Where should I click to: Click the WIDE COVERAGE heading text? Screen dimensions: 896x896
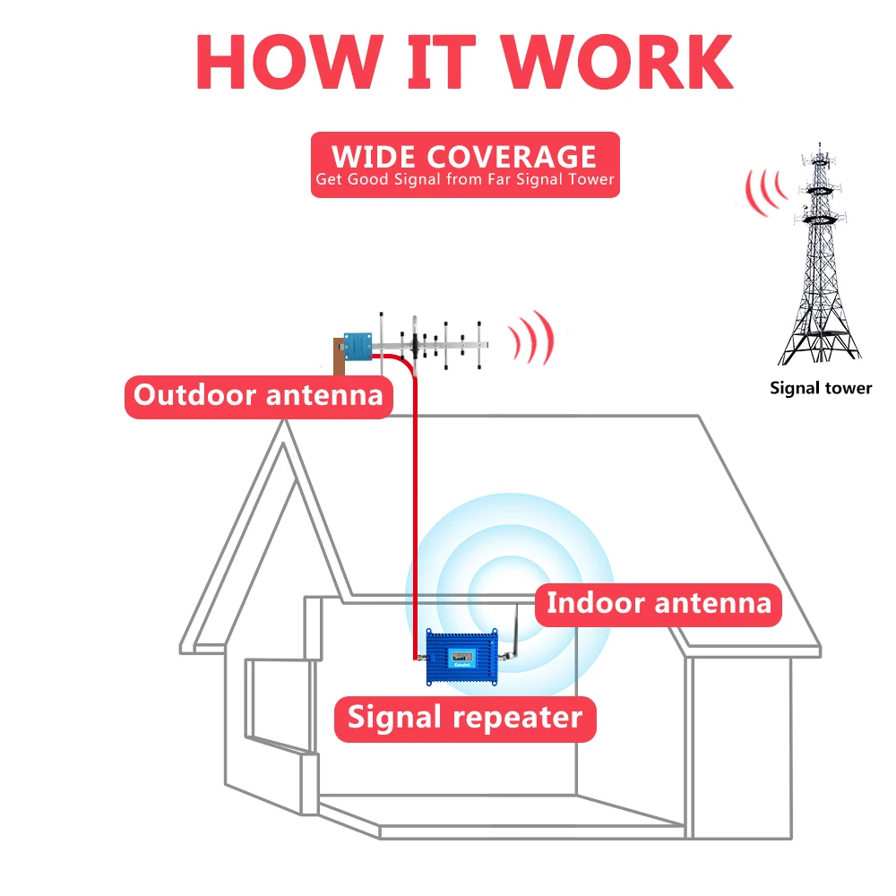(464, 156)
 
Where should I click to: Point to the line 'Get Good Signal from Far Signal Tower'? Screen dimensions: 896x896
(464, 180)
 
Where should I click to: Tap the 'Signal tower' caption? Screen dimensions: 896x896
(821, 388)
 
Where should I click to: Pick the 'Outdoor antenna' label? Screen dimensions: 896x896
(258, 395)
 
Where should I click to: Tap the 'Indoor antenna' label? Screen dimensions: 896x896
(659, 602)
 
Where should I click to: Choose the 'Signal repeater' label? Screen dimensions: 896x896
(465, 717)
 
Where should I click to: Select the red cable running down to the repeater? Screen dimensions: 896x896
(416, 511)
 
